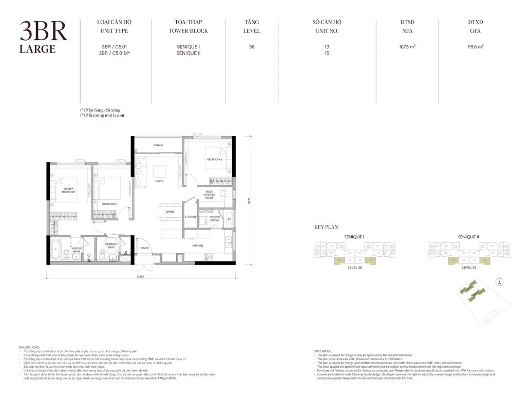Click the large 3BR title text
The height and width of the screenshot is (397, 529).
[x=43, y=32]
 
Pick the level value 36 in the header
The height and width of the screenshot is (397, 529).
[x=251, y=47]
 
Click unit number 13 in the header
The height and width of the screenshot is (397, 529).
[x=327, y=47]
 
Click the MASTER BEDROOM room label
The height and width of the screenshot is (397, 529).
[x=68, y=190]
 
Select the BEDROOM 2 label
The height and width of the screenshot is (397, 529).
[x=109, y=204]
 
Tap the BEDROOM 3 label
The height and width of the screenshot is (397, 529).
[x=214, y=159]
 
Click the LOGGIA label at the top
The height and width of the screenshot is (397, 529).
[x=158, y=145]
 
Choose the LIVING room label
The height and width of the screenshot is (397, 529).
[x=159, y=181]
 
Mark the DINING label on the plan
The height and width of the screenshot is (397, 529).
[x=169, y=212]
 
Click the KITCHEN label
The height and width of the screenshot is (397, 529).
[x=198, y=245]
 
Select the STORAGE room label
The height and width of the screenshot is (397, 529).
[x=191, y=217]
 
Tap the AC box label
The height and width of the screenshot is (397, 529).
[x=229, y=218]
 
